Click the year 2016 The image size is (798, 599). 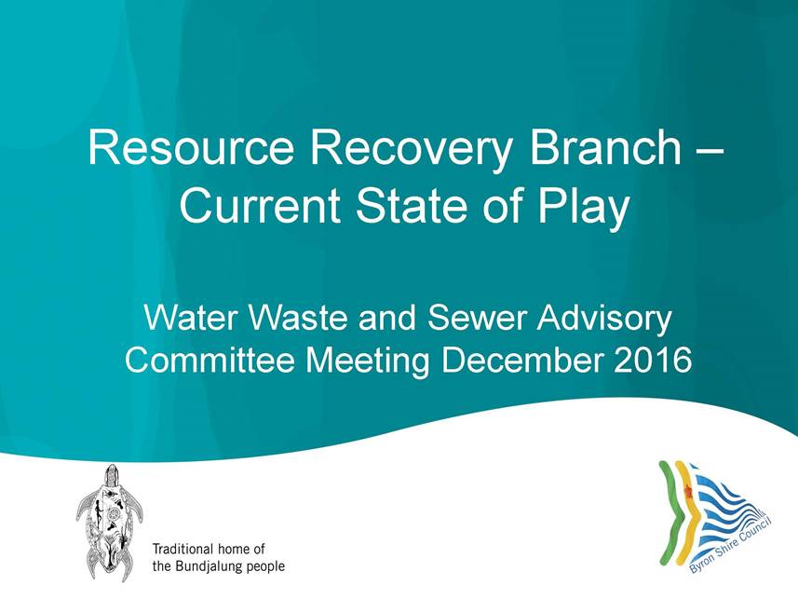pyautogui.click(x=653, y=361)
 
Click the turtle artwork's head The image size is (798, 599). pyautogui.click(x=111, y=476)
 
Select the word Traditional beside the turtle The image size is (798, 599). pyautogui.click(x=183, y=549)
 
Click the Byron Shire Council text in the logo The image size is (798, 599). pyautogui.click(x=730, y=545)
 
